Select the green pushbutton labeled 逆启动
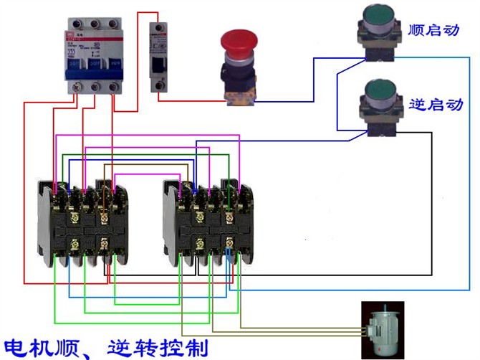pyautogui.click(x=379, y=92)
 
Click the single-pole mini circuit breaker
pyautogui.click(x=158, y=57)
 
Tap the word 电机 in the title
pyautogui.click(x=32, y=346)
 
